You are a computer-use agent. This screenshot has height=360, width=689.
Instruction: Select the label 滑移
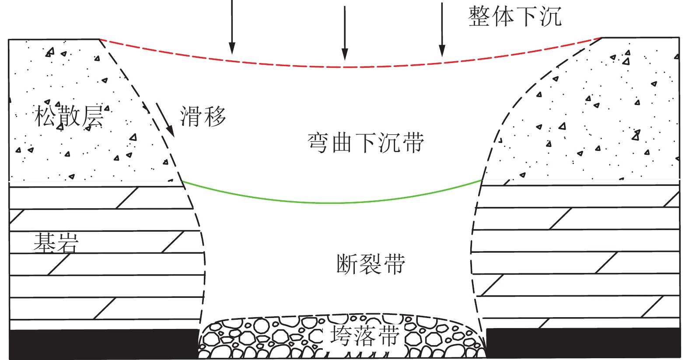click(203, 117)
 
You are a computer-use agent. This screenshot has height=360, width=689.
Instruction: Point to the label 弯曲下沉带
click(365, 143)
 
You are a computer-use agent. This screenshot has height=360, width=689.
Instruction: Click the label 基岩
click(56, 242)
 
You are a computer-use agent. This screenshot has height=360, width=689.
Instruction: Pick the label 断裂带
click(371, 264)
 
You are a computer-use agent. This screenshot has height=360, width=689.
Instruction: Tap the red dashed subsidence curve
click(346, 67)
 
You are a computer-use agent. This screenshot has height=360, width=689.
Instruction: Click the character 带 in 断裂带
click(394, 264)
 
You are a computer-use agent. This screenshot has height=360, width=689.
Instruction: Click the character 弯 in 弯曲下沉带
click(318, 143)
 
